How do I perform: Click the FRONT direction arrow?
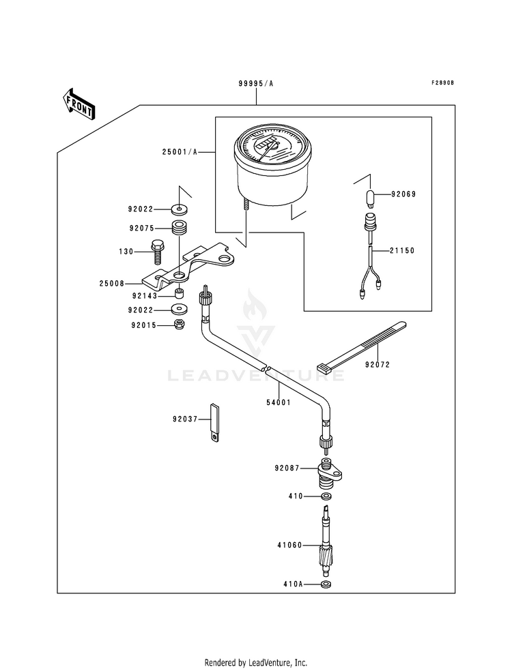pyautogui.click(x=79, y=104)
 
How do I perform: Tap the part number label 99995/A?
pyautogui.click(x=256, y=84)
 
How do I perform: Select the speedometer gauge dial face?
pyautogui.click(x=271, y=145)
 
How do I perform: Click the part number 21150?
pyautogui.click(x=402, y=251)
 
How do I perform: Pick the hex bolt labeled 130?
pyautogui.click(x=157, y=252)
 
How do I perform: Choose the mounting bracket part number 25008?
pyautogui.click(x=111, y=283)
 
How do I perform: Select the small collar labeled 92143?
pyautogui.click(x=180, y=294)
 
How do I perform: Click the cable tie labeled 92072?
pyautogui.click(x=361, y=346)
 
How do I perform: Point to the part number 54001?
pyautogui.click(x=279, y=402)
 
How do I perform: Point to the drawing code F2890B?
pyautogui.click(x=442, y=83)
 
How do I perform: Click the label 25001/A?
pyautogui.click(x=180, y=152)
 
